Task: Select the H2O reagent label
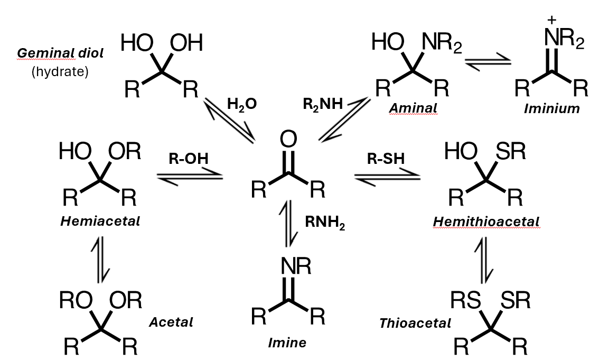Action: (242, 104)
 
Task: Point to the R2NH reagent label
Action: (323, 104)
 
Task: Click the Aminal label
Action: (414, 108)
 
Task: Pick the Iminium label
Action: (551, 109)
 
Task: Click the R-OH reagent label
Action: (189, 158)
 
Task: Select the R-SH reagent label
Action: (385, 158)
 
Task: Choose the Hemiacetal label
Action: (100, 221)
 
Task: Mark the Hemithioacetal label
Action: (486, 222)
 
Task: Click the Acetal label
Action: (171, 321)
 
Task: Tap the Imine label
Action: (287, 343)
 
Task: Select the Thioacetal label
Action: (415, 322)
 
